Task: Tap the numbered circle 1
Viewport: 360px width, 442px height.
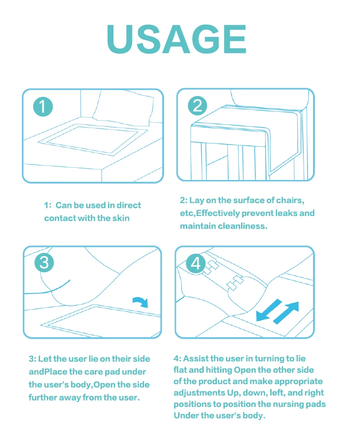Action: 43,107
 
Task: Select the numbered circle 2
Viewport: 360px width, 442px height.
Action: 197,106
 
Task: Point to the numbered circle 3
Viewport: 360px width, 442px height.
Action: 44,262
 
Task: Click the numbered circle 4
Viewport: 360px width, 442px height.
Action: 196,263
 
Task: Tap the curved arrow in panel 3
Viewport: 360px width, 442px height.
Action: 141,302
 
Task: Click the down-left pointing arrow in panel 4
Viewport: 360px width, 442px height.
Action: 269,310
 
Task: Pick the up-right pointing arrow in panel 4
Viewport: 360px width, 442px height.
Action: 286,313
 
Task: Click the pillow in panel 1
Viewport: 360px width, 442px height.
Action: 123,108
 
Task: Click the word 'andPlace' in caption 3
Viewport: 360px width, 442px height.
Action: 48,372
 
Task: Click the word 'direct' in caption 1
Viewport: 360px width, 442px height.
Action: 129,205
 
